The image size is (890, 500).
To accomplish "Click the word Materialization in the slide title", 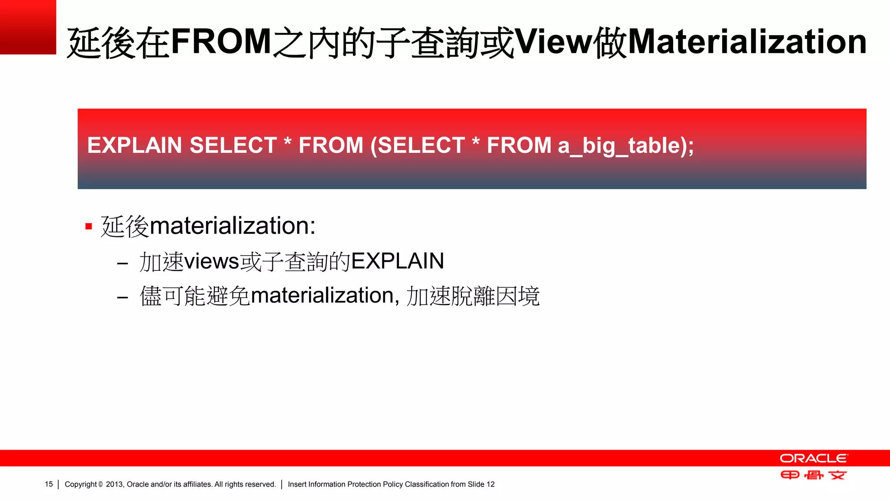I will [x=747, y=42].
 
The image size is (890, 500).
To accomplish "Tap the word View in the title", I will [x=553, y=42].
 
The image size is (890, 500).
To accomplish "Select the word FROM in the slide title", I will [x=221, y=42].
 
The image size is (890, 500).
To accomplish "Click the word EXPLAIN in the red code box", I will [x=134, y=145].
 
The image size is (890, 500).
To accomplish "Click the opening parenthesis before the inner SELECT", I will [x=373, y=146].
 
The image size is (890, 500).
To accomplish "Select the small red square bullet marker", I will [x=89, y=226].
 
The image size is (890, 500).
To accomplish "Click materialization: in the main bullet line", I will [x=232, y=226].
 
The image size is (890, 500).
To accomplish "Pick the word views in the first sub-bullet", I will [x=212, y=261].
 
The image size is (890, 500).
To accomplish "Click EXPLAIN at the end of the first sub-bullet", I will [x=397, y=261].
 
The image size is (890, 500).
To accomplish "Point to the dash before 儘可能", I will [x=123, y=298].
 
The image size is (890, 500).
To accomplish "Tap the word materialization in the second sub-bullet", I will [x=322, y=296].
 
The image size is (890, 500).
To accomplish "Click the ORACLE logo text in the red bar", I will [x=813, y=458].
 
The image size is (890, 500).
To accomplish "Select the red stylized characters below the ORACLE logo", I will [x=813, y=475].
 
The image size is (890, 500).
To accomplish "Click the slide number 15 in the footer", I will [x=49, y=484].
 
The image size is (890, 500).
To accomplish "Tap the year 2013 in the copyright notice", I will [x=114, y=484].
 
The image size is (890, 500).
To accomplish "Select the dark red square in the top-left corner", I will [x=28, y=27].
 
